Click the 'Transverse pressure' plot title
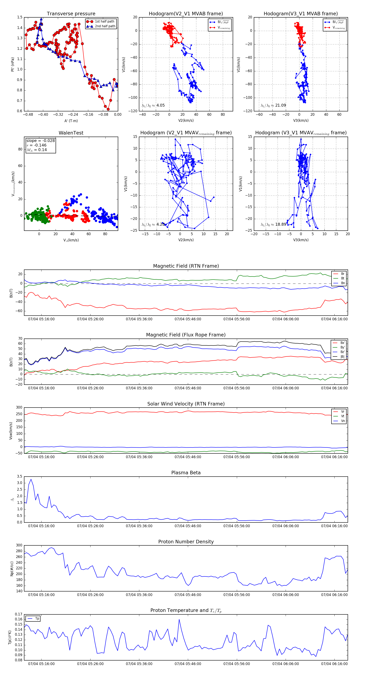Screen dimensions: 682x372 pos(71,14)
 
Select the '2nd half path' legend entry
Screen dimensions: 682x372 pos(105,26)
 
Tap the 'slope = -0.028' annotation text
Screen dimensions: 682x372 pos(41,141)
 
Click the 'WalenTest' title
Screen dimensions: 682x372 pos(71,133)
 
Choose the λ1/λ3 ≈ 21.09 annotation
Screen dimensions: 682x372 pos(273,105)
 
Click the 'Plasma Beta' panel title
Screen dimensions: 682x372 pos(186,473)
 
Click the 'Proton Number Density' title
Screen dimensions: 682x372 pos(186,542)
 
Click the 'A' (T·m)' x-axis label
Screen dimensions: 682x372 pos(71,121)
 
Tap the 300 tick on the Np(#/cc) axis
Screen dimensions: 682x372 pos(19,545)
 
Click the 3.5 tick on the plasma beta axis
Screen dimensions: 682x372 pos(20,476)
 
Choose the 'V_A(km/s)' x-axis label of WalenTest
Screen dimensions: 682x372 pos(71,240)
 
